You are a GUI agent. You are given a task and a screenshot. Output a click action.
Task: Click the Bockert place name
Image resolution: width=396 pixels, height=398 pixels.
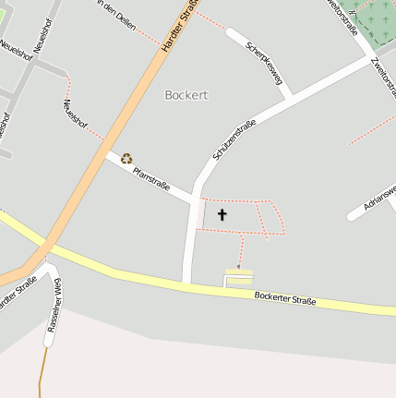186,94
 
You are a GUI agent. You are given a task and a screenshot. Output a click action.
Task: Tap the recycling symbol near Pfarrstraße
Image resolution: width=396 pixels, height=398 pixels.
126,159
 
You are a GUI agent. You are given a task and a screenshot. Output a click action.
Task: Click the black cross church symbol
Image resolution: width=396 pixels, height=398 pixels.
222,215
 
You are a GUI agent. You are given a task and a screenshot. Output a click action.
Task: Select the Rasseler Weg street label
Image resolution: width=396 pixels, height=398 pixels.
53,305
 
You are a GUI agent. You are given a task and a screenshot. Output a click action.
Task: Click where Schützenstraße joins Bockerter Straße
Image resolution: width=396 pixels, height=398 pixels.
187,283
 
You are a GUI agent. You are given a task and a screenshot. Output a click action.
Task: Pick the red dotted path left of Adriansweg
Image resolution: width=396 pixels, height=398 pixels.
372,129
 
